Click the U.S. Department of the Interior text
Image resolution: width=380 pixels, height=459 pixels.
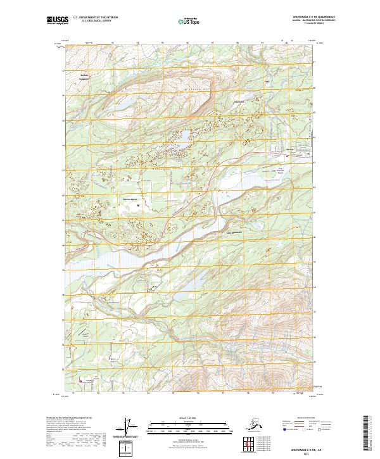95,18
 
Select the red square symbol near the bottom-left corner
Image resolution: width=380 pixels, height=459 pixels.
80,380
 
